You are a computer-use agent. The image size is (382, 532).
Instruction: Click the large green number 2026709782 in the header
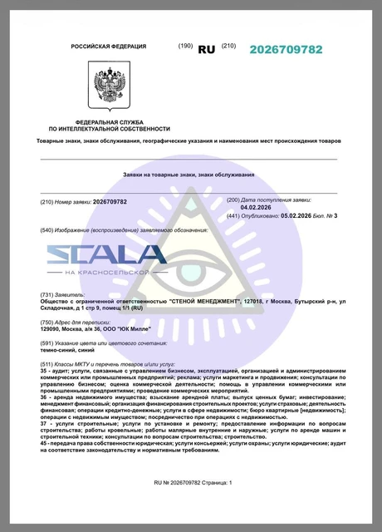click(x=286, y=50)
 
